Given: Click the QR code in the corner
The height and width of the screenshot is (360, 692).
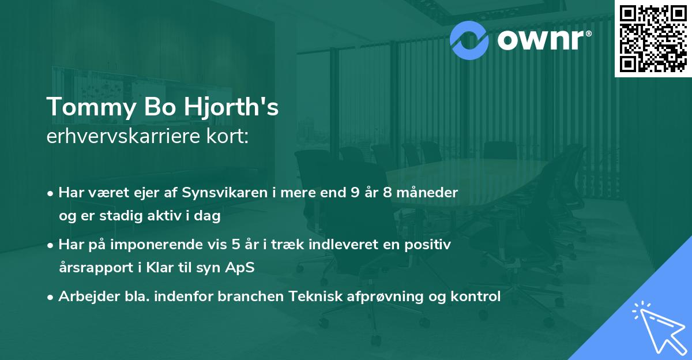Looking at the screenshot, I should click(x=653, y=38).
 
